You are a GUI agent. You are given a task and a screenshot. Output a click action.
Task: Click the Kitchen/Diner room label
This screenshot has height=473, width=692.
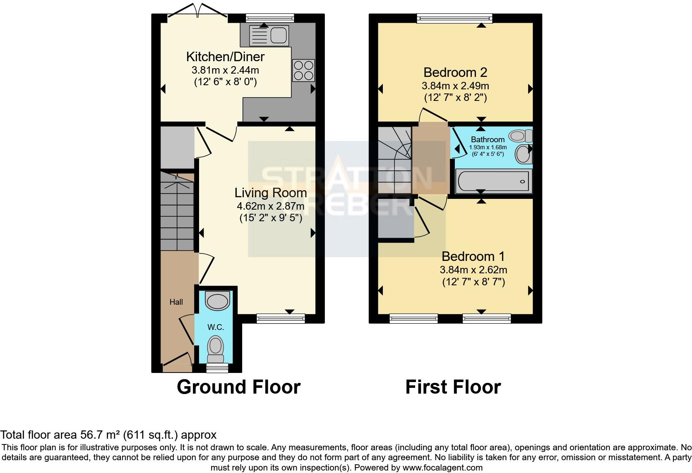click(225, 57)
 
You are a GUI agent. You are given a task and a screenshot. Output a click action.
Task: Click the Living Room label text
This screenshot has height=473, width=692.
click(271, 193)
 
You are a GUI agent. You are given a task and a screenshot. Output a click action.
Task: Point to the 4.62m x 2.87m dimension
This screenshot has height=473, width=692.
click(271, 206)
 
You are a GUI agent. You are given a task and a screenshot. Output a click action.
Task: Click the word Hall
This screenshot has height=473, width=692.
click(176, 302)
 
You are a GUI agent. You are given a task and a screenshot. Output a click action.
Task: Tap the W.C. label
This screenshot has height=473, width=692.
click(216, 327)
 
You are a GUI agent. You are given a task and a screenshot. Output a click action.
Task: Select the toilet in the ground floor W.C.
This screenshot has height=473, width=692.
click(215, 349)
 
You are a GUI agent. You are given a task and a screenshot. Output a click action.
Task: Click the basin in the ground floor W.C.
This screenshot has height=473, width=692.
click(218, 301)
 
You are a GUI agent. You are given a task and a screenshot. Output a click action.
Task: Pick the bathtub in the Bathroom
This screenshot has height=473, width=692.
click(493, 182)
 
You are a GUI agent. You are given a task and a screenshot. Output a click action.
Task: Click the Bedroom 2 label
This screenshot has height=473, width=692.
click(455, 73)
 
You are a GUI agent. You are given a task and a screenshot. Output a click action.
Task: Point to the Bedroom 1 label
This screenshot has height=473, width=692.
click(473, 257)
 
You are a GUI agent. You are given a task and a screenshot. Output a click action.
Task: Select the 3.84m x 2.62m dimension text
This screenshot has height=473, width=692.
click(473, 270)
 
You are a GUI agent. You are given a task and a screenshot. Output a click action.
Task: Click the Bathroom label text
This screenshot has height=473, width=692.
click(488, 139)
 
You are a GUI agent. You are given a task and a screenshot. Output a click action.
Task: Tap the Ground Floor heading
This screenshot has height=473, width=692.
click(238, 387)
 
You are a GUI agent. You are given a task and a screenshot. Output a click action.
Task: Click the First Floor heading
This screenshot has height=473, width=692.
click(453, 387)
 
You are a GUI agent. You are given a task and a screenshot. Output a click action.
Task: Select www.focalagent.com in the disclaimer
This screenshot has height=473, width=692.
click(442, 468)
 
